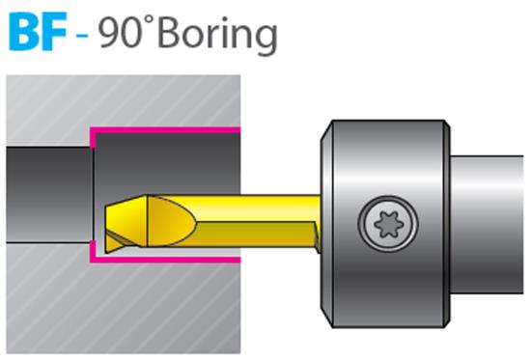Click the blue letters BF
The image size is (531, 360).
(x=38, y=32)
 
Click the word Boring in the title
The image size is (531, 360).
(x=217, y=35)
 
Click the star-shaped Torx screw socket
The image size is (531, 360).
(x=388, y=224)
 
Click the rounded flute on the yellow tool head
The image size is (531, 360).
(x=172, y=221)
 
